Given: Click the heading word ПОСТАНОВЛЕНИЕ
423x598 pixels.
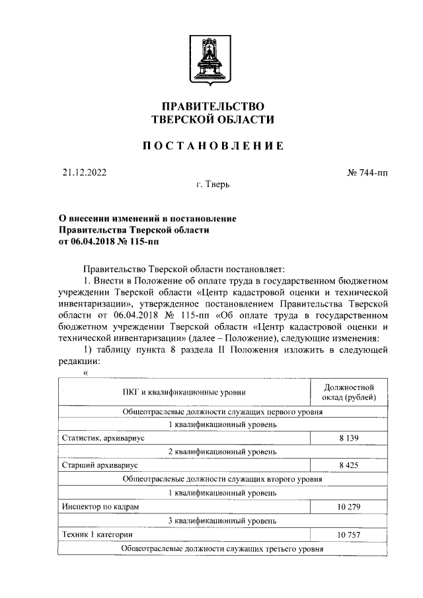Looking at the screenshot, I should point(212,145).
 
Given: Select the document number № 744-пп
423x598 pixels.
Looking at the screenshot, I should point(367,173).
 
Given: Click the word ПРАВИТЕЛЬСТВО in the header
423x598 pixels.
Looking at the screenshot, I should point(212,106).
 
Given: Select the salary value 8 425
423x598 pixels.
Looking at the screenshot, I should point(348,465).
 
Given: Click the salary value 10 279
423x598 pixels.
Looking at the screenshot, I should point(348,506).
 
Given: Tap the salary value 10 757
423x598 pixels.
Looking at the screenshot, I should point(348,534).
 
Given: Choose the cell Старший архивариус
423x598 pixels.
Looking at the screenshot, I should point(95,465).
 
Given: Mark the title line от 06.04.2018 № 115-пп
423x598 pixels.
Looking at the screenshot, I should point(109,242).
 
